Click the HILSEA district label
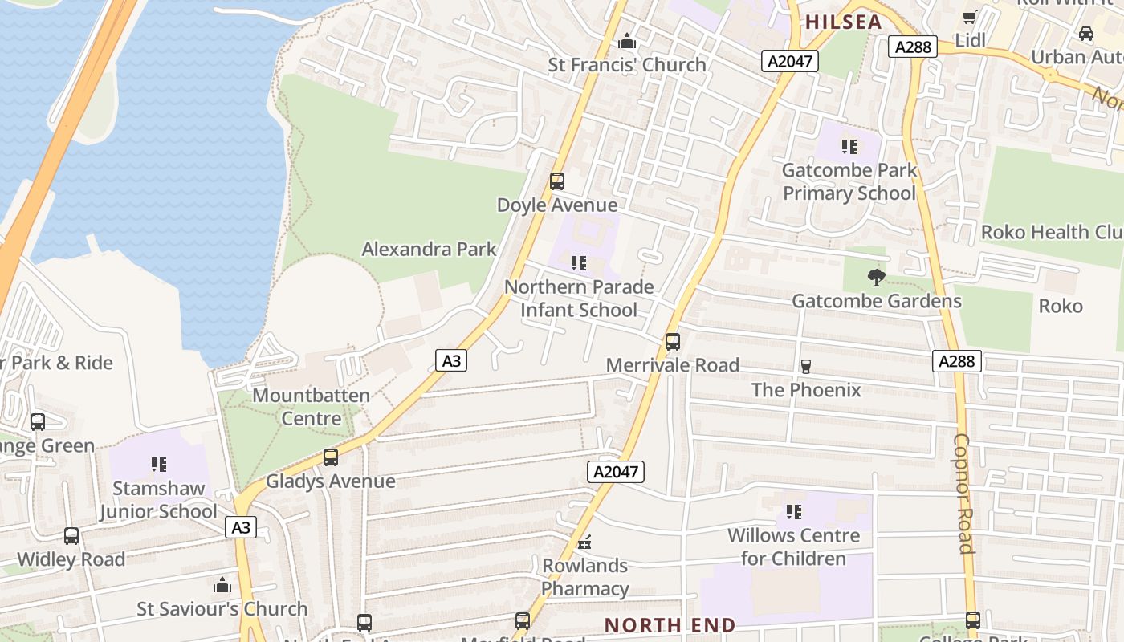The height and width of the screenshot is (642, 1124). pos(843,22)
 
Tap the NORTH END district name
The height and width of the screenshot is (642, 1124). pos(670,625)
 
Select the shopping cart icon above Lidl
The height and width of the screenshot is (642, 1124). pos(970,17)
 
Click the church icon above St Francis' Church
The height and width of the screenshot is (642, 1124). pos(627,40)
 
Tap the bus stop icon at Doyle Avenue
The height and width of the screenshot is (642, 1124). pos(557,181)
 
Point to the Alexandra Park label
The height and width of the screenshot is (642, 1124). pos(430,249)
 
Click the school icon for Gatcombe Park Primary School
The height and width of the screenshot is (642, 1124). pos(849,147)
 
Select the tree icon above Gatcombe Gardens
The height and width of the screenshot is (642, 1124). pos(876,278)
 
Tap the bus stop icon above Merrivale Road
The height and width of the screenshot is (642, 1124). pos(673,342)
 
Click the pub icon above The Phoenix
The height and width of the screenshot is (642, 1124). pos(805,367)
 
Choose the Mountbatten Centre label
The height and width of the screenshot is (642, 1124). pos(312,407)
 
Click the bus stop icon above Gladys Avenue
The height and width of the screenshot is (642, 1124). pos(331,457)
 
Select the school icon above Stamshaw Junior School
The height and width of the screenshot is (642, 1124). pos(159,465)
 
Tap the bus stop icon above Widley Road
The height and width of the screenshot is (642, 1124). pos(71,536)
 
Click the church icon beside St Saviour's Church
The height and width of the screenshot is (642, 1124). pos(222,585)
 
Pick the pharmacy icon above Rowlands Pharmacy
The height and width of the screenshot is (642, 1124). pos(584,542)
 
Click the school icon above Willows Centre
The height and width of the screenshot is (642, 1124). pos(794,511)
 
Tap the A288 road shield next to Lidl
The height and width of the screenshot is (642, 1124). pos(914,47)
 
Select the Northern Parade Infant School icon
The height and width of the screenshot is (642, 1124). pos(579,263)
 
